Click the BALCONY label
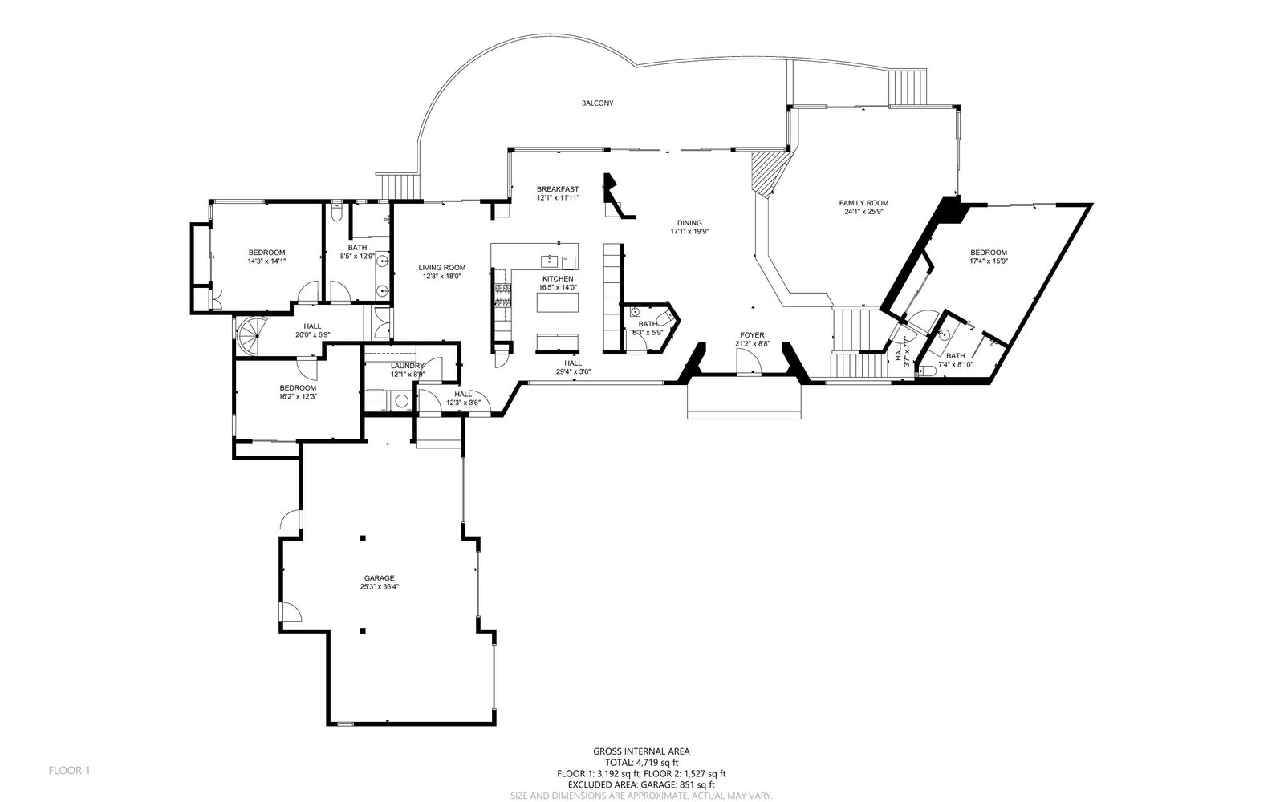597,103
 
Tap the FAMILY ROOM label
863,203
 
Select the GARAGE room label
379,578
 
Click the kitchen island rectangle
556,303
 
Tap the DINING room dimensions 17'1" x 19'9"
689,232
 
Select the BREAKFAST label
558,189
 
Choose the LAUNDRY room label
407,366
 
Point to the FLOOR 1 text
69,771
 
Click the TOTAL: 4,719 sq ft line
641,763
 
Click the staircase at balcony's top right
907,86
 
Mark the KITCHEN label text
557,278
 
